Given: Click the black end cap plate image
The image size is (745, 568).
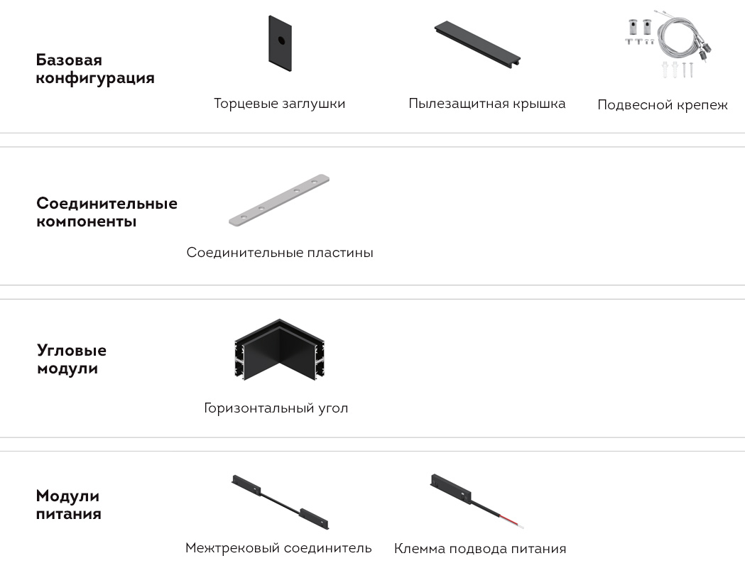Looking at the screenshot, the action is [280, 43].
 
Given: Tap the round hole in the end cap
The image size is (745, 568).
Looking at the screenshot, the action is [281, 40].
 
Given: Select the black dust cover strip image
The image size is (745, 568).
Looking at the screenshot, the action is [477, 44].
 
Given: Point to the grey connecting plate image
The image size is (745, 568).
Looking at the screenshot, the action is [279, 200].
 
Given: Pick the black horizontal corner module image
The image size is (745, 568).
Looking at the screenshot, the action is [279, 349].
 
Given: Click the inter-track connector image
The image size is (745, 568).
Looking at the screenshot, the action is [280, 501].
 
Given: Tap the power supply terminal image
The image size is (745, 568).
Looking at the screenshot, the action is [477, 501].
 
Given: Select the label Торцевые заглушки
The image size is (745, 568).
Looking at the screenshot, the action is [279, 104].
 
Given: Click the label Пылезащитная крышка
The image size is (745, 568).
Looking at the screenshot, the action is [487, 104].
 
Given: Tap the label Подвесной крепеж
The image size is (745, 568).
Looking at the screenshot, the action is [663, 104].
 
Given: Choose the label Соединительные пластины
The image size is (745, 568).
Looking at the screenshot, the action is [279, 252].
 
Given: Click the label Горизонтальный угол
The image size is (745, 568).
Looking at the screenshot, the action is [276, 408].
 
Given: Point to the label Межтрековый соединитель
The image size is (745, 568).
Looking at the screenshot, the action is [278, 548].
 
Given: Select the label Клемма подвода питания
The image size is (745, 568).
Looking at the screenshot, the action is [480, 549].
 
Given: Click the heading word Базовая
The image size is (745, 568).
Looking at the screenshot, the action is [69, 60].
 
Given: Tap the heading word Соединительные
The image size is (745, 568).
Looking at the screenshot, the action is [107, 203].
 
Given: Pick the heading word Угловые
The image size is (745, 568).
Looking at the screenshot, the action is [72, 350].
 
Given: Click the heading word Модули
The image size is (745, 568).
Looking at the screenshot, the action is [67, 496].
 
